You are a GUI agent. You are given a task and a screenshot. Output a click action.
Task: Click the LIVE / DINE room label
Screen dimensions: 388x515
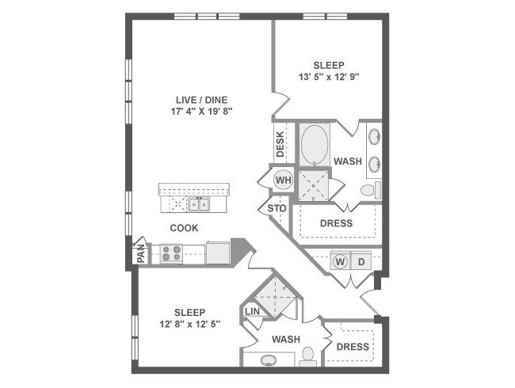201,99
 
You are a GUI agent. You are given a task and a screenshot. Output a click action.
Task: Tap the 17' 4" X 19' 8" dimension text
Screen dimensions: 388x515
201,112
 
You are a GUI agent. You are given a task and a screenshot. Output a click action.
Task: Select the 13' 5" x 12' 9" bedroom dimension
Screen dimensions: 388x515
328,78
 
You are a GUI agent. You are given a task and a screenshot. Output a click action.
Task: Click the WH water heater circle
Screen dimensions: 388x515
283,180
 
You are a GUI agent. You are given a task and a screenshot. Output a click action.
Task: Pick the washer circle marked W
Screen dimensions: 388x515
341,261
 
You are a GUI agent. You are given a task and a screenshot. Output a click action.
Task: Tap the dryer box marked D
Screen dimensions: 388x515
361,261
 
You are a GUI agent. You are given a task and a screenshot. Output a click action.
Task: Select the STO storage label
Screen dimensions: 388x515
277,208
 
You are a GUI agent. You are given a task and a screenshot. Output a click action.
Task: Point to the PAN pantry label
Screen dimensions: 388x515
141,253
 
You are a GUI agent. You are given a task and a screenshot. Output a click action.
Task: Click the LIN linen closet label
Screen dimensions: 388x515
253,312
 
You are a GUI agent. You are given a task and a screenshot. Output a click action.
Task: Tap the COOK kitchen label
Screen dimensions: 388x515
184,228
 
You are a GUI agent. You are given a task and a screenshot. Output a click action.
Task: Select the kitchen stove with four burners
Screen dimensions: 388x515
171,253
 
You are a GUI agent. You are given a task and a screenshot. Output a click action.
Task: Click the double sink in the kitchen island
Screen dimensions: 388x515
199,205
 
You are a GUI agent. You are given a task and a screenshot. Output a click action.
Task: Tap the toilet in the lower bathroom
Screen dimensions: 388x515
308,356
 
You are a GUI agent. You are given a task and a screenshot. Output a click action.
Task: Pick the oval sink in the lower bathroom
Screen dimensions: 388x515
269,361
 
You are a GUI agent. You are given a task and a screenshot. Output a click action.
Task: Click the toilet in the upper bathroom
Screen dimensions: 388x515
368,191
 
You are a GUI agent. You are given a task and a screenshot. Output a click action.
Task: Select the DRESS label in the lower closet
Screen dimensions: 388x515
353,347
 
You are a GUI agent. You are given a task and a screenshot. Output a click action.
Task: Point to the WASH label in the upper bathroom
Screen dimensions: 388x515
348,162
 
